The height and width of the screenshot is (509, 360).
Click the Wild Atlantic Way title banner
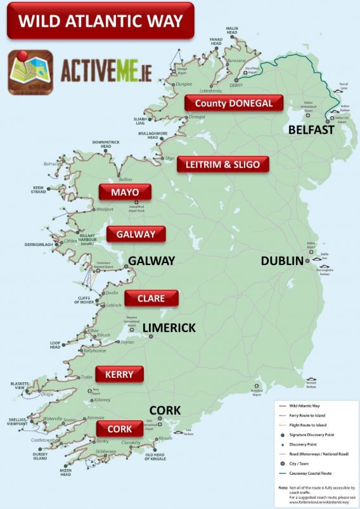[100, 22]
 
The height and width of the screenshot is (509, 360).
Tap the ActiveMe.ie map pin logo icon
[30, 72]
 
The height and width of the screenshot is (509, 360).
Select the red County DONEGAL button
[233, 103]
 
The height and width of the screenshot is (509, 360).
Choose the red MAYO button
[124, 192]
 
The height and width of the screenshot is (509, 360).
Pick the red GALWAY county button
[136, 234]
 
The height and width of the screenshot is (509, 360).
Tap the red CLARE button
[151, 298]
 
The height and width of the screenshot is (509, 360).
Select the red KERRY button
[119, 374]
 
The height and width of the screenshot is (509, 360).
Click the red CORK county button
[119, 429]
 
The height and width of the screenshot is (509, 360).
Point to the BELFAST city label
[311, 129]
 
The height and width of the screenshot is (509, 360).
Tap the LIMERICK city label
[170, 327]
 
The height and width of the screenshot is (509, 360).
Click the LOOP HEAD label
[55, 345]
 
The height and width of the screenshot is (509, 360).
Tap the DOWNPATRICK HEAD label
[105, 144]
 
